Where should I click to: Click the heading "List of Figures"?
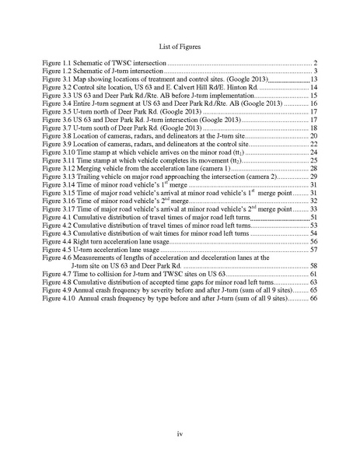coord(180,47)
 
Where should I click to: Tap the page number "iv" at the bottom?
coord(180,433)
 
